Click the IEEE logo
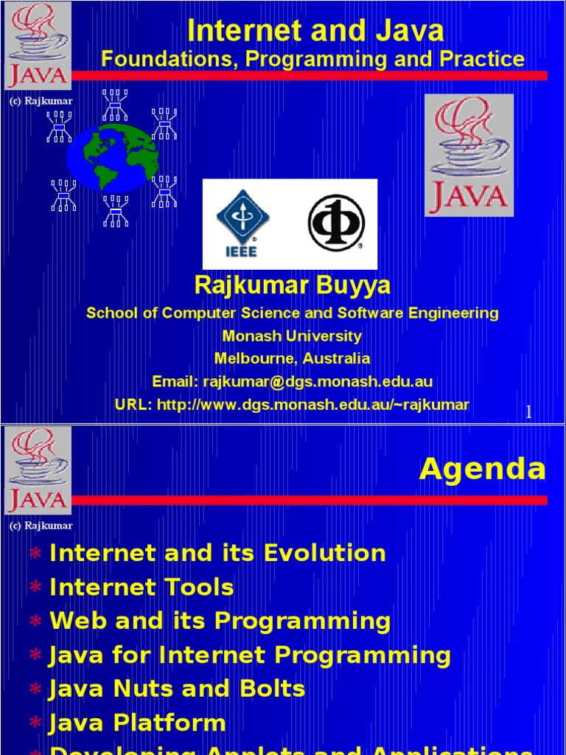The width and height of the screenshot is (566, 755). click(x=242, y=223)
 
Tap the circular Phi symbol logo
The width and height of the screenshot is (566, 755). click(x=335, y=223)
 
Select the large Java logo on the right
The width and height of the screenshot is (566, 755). click(x=469, y=155)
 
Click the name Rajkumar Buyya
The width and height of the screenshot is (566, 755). click(x=292, y=285)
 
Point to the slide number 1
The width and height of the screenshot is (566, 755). click(x=528, y=413)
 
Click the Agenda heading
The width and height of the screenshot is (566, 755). click(x=483, y=469)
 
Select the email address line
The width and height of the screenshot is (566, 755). click(x=292, y=382)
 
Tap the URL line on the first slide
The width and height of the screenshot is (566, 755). click(x=292, y=405)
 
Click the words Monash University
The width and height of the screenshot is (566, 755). click(x=292, y=336)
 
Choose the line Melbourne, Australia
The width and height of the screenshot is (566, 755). click(x=292, y=359)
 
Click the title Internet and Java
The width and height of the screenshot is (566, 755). click(x=315, y=31)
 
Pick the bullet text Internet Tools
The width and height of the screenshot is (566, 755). click(x=141, y=588)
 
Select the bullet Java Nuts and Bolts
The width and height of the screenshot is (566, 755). click(x=177, y=689)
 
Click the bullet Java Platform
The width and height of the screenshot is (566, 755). click(x=137, y=723)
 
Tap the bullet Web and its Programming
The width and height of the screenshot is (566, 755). click(x=220, y=622)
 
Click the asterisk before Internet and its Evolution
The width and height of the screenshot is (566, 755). click(x=35, y=554)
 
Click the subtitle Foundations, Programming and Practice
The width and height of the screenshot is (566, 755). click(x=313, y=59)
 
